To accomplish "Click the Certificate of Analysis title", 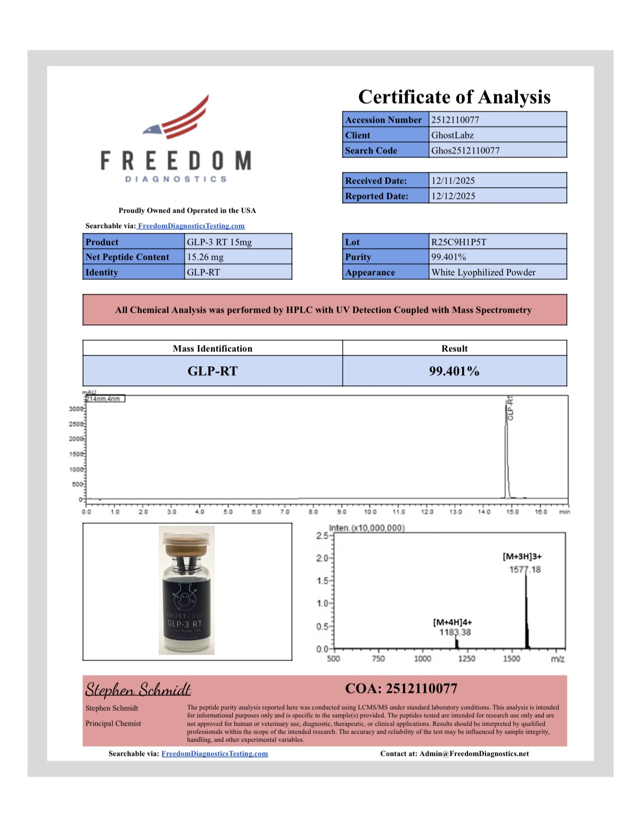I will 454,97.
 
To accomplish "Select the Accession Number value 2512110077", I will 455,120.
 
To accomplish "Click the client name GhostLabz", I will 452,135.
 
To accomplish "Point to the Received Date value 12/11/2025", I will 453,181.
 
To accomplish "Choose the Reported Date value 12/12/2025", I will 453,196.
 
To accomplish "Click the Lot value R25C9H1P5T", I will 459,242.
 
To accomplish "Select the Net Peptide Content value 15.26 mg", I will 205,257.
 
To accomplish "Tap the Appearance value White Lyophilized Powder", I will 483,272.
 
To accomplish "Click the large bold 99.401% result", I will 454,371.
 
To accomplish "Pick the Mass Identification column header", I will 213,348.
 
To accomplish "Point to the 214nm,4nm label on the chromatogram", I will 105,399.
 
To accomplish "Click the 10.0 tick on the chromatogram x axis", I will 370,512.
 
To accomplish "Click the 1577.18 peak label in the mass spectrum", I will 525,570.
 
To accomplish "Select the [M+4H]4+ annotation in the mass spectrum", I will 452,623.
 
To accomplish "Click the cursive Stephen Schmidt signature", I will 138,689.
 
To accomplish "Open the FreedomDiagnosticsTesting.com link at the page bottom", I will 215,754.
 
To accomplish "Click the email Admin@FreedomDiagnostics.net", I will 474,754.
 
